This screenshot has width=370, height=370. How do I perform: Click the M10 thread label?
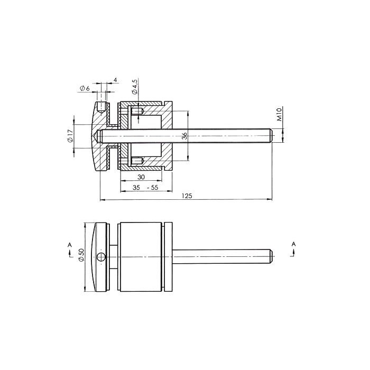[x=280, y=115]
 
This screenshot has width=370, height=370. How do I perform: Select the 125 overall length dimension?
[x=187, y=196]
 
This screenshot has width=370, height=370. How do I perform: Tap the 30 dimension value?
[x=141, y=177]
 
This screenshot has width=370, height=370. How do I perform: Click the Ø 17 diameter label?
[x=70, y=136]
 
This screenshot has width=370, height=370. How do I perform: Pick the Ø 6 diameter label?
[x=85, y=89]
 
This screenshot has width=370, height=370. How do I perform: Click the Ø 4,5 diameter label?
[x=135, y=87]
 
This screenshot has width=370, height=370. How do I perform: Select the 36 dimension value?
[x=184, y=136]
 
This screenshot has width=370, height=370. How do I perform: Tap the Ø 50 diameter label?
[x=81, y=255]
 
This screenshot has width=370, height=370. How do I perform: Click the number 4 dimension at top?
[x=115, y=80]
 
